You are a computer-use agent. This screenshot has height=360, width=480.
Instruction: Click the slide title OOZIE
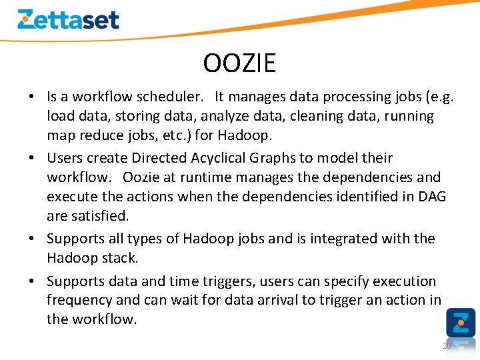click(x=239, y=63)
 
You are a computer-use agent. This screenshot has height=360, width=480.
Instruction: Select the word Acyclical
click(x=217, y=158)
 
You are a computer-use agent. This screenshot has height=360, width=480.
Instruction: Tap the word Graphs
click(x=271, y=158)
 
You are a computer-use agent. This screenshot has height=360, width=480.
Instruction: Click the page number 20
click(x=447, y=346)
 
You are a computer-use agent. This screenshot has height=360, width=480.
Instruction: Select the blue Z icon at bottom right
click(x=461, y=322)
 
